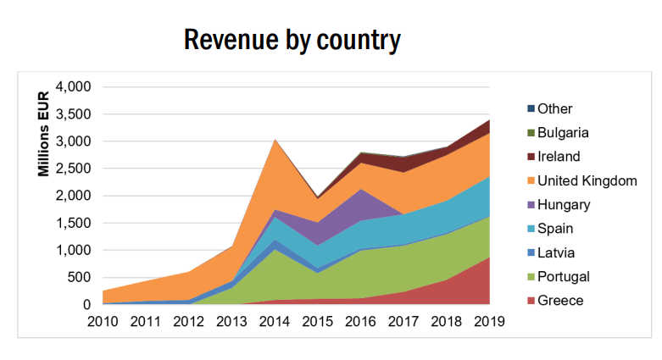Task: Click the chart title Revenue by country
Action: point(292,39)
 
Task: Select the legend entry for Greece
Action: point(559,301)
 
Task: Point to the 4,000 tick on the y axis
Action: point(73,87)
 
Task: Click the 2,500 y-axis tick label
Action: point(73,169)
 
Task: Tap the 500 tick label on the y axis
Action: point(79,278)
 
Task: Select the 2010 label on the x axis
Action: point(103,322)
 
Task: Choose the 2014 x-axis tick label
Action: point(274,322)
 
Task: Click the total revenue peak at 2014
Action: point(274,139)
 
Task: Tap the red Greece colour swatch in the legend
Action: point(531,301)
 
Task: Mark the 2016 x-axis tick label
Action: point(360,322)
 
